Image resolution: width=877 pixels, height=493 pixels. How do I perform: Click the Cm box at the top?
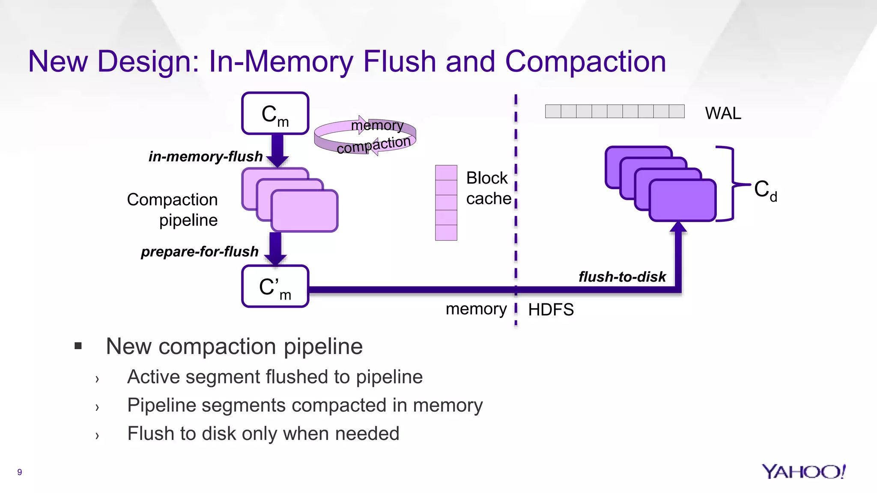(275, 113)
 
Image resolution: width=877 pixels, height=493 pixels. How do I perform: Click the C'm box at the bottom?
(275, 286)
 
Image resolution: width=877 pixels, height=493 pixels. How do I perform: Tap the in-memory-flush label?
(205, 157)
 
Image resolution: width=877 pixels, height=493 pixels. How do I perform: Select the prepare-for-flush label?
(200, 252)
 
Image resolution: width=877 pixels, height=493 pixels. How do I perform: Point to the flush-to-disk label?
(622, 277)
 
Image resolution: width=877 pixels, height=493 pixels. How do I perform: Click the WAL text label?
(723, 113)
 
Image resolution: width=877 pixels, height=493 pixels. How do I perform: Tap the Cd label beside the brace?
(765, 190)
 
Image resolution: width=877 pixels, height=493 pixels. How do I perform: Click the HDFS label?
(551, 309)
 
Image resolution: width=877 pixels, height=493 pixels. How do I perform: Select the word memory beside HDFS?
(476, 309)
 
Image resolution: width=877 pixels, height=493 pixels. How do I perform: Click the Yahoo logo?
(803, 472)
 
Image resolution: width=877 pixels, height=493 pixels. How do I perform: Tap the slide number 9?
(19, 472)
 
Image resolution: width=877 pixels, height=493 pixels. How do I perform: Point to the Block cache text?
(488, 188)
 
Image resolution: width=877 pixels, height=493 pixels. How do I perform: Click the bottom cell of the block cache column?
(446, 232)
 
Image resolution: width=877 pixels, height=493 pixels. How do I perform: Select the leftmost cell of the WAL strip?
(553, 111)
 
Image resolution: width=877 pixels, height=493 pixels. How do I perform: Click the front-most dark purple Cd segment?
(682, 200)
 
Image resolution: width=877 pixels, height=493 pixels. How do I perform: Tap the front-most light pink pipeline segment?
(304, 211)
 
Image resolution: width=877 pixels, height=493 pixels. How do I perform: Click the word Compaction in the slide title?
(585, 61)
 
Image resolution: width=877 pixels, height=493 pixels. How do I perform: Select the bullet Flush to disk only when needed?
(263, 434)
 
